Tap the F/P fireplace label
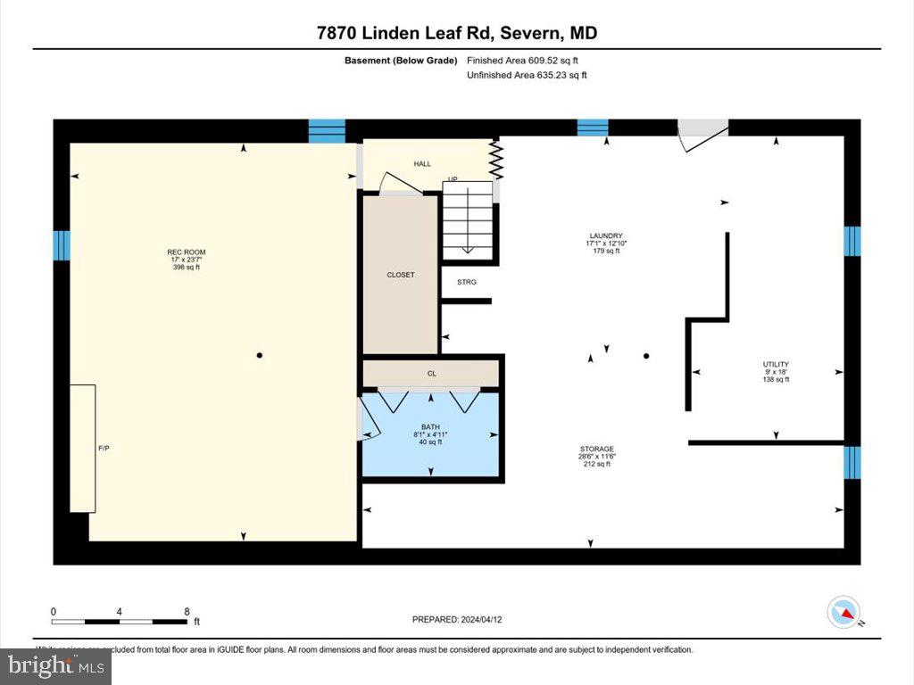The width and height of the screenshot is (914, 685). point(104,448)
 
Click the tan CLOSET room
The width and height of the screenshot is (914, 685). point(400,275)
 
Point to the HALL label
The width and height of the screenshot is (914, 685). point(422,164)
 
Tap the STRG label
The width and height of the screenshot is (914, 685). point(466,282)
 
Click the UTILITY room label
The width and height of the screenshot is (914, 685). point(776,364)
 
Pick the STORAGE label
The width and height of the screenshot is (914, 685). point(595,450)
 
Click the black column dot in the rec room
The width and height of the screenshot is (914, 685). point(260,356)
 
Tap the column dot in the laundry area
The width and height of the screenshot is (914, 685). point(647,356)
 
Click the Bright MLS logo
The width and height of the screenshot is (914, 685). point(56,665)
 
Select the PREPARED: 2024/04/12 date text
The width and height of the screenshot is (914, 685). point(462,619)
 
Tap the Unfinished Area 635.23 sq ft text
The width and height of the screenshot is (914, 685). point(527,76)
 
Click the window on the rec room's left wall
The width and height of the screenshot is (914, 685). point(61,245)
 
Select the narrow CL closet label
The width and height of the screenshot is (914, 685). point(431,374)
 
